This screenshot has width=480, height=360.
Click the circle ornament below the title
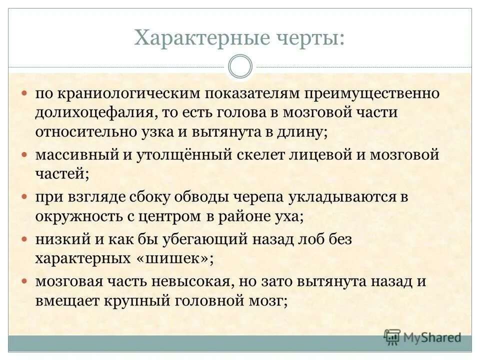tap(240, 67)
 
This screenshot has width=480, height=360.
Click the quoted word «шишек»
tap(182, 258)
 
